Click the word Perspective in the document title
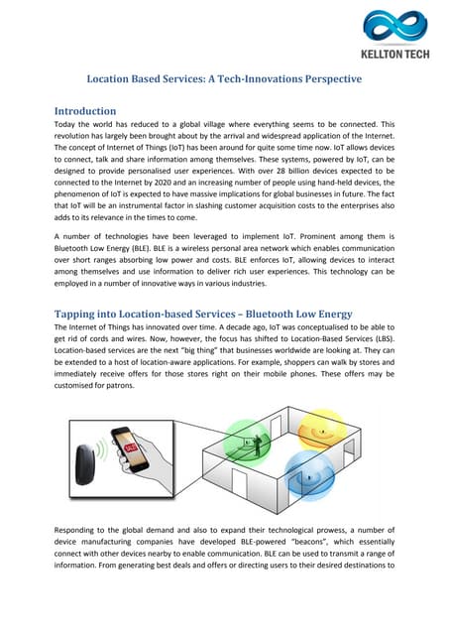(x=324, y=78)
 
